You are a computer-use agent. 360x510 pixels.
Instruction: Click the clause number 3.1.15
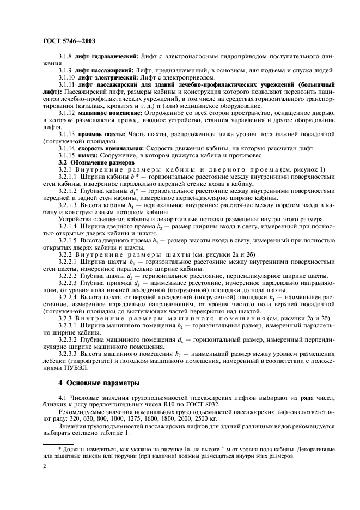[68, 155]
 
